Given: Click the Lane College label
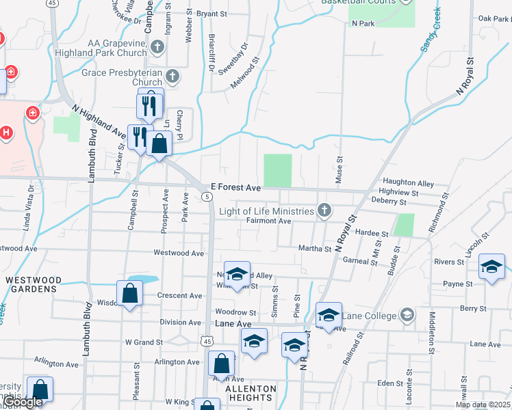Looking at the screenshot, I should (370, 316).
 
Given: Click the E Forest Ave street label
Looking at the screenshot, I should (235, 187).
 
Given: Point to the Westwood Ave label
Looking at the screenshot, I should (179, 253).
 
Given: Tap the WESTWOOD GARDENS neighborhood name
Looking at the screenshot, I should (33, 285).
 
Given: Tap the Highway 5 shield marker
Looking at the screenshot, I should (206, 197).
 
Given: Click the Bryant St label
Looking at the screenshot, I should (211, 14).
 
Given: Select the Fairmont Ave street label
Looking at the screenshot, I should (269, 221).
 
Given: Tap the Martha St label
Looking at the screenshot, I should (314, 249).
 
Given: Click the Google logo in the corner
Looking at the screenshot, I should (23, 402).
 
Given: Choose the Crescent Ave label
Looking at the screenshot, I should (179, 296).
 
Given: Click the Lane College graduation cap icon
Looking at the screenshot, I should (408, 315).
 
